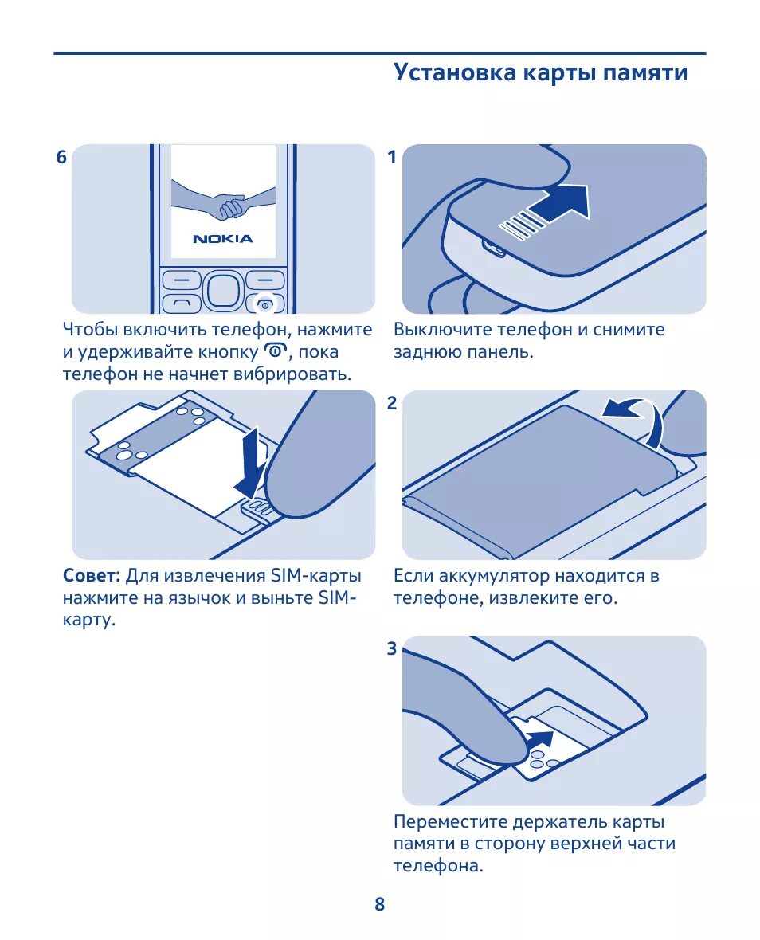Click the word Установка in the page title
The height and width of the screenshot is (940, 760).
point(455,72)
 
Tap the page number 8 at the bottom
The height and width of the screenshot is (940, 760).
point(379,904)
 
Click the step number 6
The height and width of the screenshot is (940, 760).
point(61,157)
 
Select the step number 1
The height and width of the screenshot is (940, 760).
point(392,157)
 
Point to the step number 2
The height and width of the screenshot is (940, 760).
point(392,403)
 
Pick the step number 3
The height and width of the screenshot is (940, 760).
point(392,648)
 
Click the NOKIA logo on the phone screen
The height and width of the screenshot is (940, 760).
point(223,239)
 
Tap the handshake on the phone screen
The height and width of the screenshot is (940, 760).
point(223,202)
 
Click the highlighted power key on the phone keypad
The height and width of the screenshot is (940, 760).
point(264,305)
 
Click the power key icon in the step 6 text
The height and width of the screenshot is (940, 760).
point(275,351)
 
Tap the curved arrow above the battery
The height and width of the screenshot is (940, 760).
point(637,420)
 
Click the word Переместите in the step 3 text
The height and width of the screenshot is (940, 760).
point(449,822)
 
